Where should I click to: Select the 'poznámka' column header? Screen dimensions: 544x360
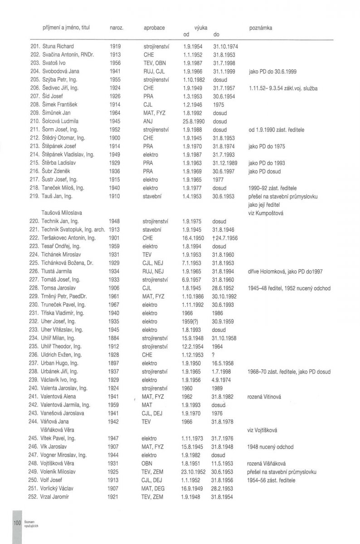point(261,28)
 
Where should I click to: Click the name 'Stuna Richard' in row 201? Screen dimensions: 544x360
point(58,46)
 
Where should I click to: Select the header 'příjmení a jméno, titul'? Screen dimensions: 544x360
point(66,28)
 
